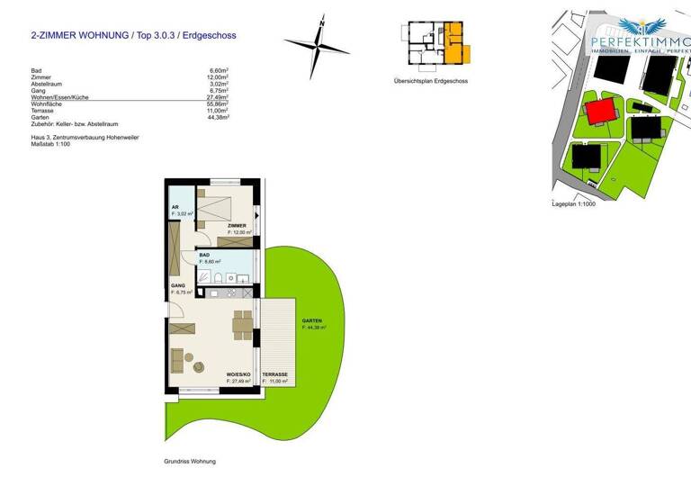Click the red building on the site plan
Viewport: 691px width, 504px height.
(601, 114)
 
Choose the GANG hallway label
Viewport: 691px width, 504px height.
(177, 285)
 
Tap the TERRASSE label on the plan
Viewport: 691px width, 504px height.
(275, 373)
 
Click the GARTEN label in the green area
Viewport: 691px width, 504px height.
(312, 321)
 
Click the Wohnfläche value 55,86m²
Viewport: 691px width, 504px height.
(218, 104)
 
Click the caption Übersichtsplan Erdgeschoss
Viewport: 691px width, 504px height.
(430, 81)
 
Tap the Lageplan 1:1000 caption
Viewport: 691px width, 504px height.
(574, 204)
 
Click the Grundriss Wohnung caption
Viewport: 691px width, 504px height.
(190, 461)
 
